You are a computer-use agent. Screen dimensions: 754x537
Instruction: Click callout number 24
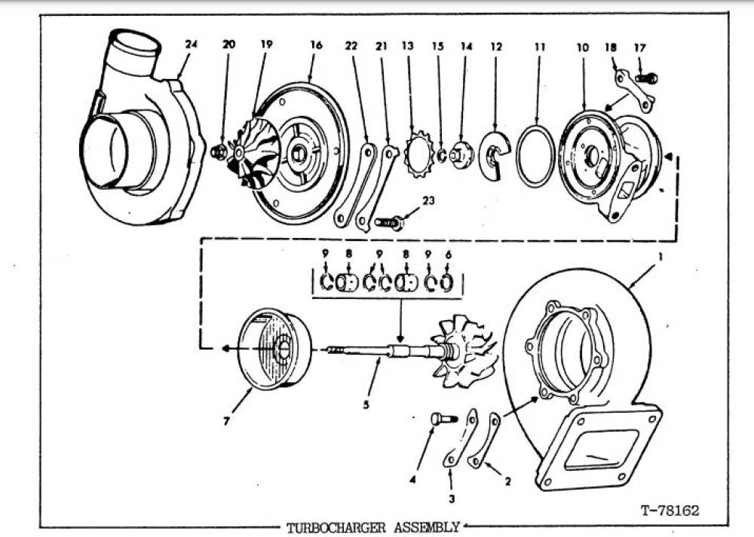(x=191, y=44)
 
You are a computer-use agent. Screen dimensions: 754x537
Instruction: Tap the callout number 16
(x=316, y=45)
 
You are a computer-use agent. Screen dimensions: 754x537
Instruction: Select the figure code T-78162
(x=670, y=510)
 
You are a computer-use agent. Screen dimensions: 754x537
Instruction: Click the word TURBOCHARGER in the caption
(x=336, y=527)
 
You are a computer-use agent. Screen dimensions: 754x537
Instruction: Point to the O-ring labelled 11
(x=535, y=156)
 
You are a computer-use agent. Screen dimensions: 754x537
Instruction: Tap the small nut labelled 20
(x=219, y=152)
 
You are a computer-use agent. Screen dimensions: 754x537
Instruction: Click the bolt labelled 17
(x=646, y=78)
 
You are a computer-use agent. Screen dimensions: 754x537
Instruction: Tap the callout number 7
(x=226, y=421)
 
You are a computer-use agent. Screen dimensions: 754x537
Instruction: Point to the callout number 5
(x=366, y=404)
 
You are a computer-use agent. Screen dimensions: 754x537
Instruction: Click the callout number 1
(x=661, y=257)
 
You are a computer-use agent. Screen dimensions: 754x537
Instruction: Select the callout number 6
(x=449, y=255)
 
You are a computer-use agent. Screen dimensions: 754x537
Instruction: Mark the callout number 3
(x=452, y=499)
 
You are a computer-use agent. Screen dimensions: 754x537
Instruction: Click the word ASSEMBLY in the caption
(x=427, y=527)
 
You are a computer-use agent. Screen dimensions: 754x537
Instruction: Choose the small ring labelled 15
(x=441, y=155)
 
